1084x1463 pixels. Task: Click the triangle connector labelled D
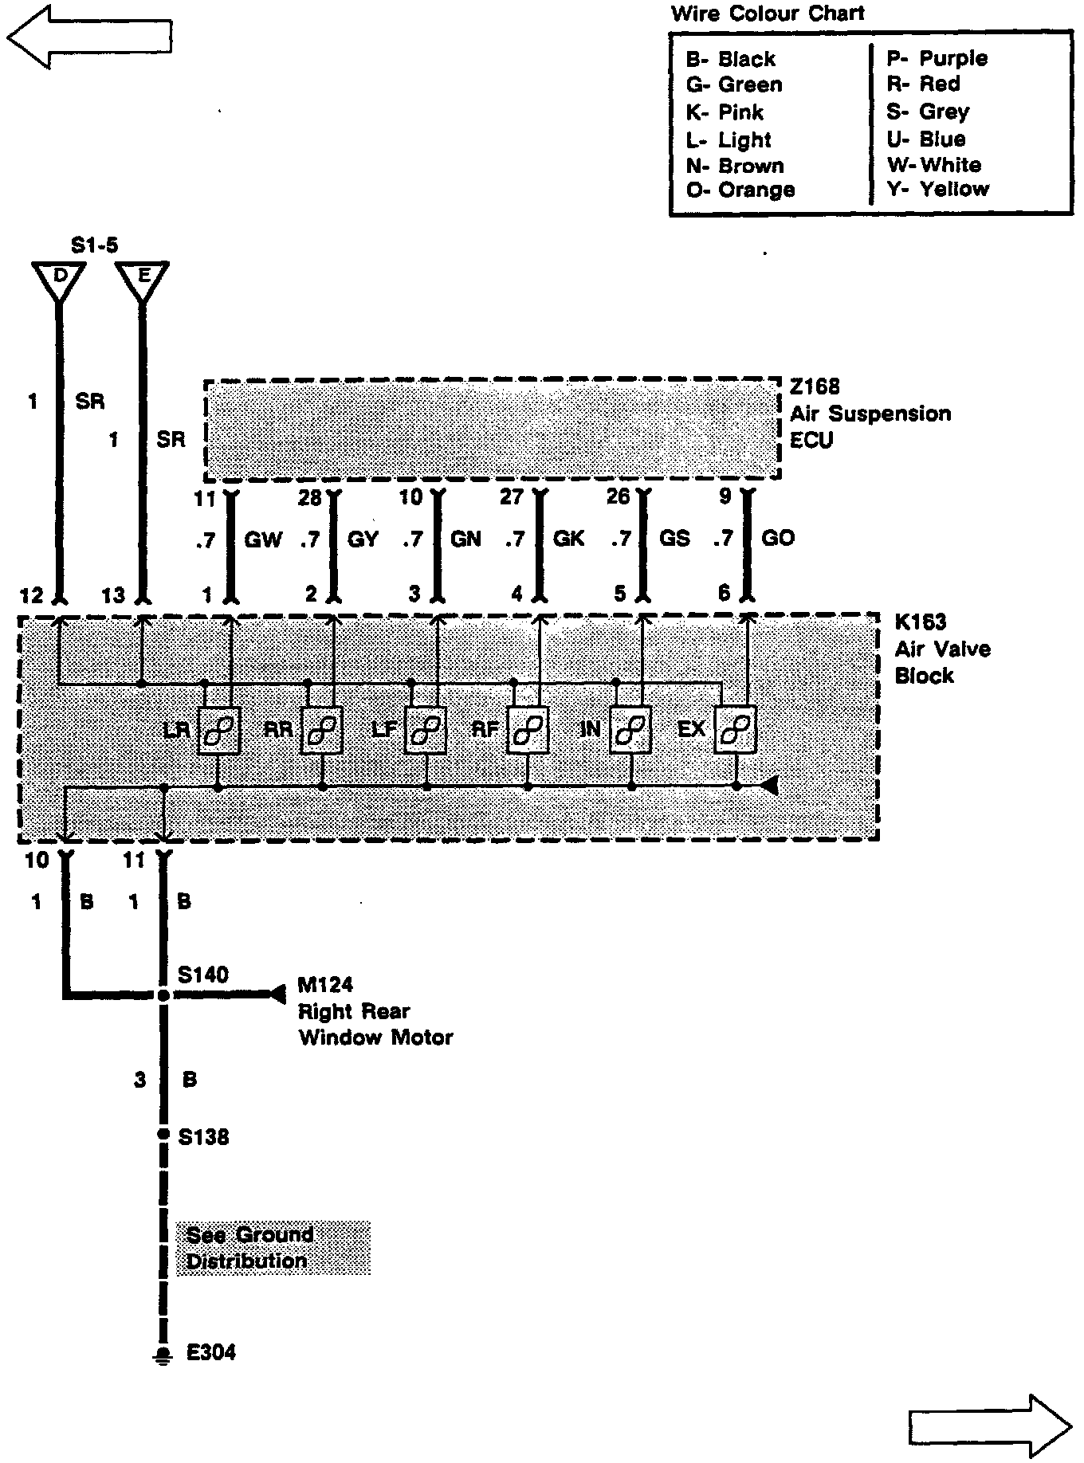point(59,279)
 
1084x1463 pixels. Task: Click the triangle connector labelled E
point(143,279)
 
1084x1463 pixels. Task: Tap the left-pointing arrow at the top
point(89,37)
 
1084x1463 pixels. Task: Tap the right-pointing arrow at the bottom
point(991,1424)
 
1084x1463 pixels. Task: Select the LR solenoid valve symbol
point(220,730)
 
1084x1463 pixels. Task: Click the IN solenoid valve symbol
point(631,730)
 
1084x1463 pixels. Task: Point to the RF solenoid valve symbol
point(528,730)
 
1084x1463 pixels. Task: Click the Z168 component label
point(815,387)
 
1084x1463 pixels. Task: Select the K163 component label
point(921,622)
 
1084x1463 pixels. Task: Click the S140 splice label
point(203,975)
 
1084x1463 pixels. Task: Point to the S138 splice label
point(203,1137)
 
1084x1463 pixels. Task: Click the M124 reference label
point(325,986)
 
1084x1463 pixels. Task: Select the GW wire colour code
point(263,539)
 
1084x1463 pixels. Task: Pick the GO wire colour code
point(778,539)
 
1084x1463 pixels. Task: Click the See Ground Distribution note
point(273,1248)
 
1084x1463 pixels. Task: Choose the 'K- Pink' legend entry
point(725,112)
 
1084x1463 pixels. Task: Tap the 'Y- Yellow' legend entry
point(937,190)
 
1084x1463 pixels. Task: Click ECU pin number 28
point(309,498)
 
